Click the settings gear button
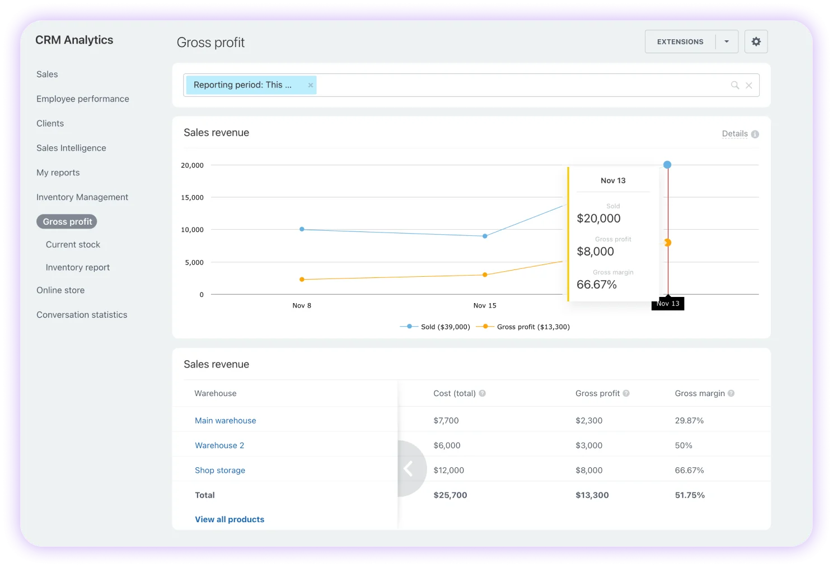pos(756,41)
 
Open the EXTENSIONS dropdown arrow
pos(727,41)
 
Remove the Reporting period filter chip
pos(310,85)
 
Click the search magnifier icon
pos(734,85)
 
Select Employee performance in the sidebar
pos(82,99)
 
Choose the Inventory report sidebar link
pos(77,267)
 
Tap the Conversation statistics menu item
pos(82,315)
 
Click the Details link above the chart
pos(734,134)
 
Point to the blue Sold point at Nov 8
pos(302,229)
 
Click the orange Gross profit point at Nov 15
pos(485,275)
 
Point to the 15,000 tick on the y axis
pos(192,197)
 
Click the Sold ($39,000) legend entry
pos(444,327)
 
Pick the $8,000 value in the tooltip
pos(595,252)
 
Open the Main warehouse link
pos(225,421)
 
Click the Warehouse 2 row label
pos(219,445)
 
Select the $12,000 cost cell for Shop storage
pos(448,470)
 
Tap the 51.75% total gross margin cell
pos(690,495)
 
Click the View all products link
pos(230,519)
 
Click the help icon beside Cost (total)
pos(482,393)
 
